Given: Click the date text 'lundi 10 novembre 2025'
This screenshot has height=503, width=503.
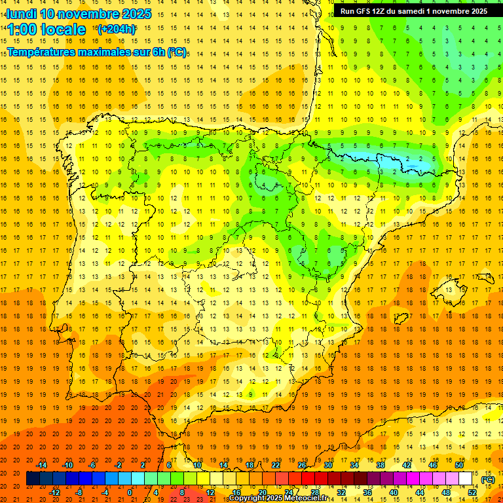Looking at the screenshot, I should (79, 14).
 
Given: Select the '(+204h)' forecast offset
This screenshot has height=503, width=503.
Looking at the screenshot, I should (116, 29).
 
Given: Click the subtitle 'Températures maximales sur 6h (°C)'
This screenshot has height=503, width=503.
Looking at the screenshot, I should (96, 52).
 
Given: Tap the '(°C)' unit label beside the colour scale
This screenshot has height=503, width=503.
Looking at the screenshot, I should (487, 479).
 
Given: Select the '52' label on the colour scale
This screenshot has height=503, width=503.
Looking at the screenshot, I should (472, 493).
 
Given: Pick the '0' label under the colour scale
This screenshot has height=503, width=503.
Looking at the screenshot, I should (130, 493).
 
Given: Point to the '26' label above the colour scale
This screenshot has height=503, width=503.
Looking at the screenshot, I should (302, 465).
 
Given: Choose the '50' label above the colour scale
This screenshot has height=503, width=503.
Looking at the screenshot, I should (459, 465).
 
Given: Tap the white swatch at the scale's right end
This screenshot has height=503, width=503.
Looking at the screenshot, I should (465, 479).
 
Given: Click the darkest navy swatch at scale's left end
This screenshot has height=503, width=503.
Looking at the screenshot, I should (33, 479).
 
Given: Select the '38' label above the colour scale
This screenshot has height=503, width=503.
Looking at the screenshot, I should (381, 465).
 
